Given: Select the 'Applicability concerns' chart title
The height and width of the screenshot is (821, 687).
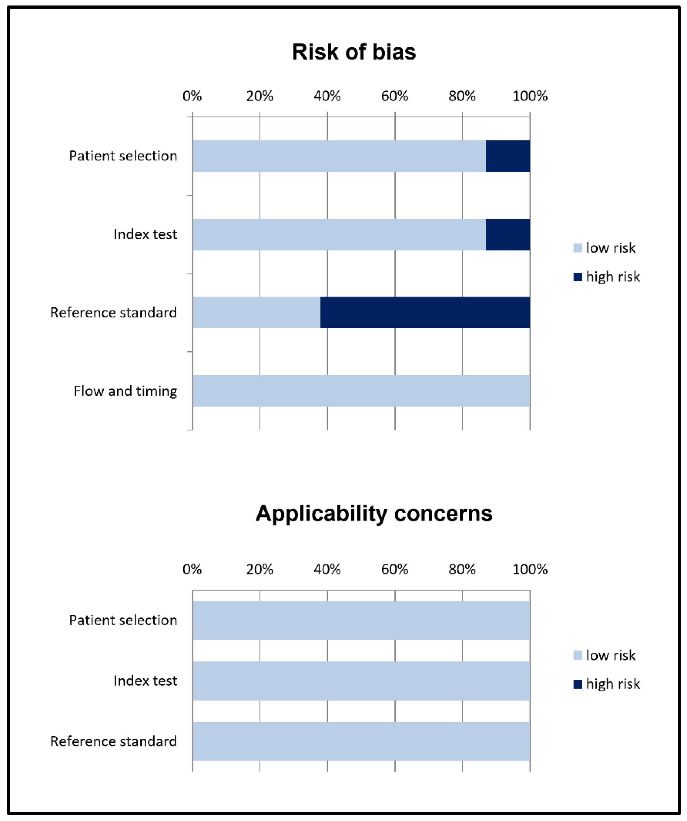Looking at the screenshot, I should pos(374,513).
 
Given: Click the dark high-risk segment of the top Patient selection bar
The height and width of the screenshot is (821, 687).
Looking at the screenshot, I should pos(508,156).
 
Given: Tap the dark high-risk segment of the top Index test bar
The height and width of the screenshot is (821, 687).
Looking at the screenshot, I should pos(508,234).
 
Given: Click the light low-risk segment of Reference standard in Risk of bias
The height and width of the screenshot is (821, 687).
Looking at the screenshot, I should pos(256,312).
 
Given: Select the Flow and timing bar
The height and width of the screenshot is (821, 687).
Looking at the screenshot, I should pos(361,391).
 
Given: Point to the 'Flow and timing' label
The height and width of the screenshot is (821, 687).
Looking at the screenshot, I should pos(125,391).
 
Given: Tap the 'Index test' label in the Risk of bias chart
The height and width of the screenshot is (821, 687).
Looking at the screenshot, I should pos(145,234).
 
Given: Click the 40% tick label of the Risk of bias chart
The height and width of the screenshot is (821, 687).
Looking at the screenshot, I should pos(327,96).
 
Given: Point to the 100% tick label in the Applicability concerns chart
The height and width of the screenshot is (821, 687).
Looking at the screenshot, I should pos(530,569).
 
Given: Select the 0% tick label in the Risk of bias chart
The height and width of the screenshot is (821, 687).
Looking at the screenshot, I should pos(192,96).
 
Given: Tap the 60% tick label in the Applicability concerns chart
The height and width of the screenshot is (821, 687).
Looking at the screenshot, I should pos(394,569).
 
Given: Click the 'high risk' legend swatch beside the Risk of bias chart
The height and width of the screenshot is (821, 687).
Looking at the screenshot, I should pos(577,277).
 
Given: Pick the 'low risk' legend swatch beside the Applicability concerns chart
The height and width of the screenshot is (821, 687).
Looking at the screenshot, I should pos(577,655).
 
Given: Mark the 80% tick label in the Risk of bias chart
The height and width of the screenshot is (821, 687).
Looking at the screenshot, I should pos(462,96).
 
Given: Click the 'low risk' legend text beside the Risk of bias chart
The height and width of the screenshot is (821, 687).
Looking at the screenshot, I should pos(610,248).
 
